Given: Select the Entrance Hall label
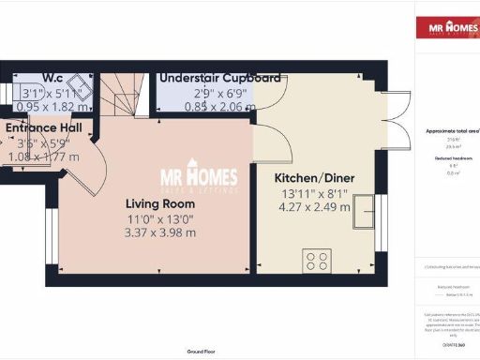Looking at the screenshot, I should pos(43,127).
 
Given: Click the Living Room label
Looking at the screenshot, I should pos(161,203).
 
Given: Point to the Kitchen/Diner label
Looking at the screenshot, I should pos(312,177).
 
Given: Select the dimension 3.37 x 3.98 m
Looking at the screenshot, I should pos(161,233).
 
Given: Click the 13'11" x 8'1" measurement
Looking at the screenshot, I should pos(312,194).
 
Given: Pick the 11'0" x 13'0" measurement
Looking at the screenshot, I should pos(161,218).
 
